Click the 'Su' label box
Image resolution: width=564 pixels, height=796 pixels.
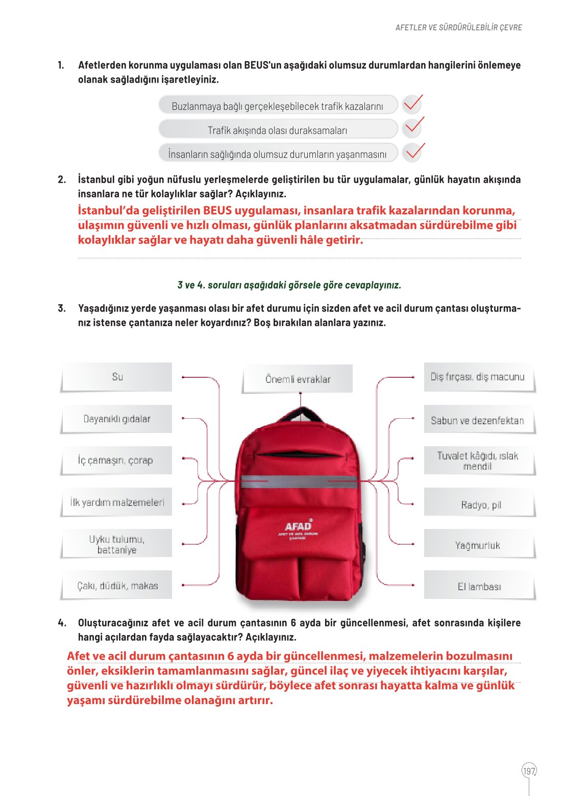pos(117,377)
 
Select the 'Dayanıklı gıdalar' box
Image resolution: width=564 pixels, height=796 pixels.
pos(117,419)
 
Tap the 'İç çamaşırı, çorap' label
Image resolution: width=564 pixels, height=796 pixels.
pos(116,461)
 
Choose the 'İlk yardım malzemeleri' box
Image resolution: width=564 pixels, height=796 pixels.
pos(117,502)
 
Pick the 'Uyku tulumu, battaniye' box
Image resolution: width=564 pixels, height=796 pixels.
pos(117,544)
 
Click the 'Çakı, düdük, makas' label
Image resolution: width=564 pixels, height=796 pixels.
pos(117,586)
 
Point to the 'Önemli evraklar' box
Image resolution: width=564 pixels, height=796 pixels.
pos(298,379)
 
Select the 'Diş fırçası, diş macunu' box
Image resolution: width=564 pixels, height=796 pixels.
pos(477,377)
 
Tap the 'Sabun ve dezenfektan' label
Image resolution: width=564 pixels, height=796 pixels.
pos(477,421)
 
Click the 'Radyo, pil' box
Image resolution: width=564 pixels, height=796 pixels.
pos(481,505)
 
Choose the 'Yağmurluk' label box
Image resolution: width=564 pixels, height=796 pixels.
pos(478,545)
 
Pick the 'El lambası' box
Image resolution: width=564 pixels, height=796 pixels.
pos(479,587)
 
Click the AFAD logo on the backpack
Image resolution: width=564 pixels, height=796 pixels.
pos(298,527)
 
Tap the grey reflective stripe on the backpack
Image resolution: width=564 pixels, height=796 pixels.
pos(299,481)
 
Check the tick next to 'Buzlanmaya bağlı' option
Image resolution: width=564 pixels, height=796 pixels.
pos(412,104)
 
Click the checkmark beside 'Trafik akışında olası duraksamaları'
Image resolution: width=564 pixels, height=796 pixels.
pos(413,127)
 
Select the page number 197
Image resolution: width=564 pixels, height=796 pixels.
pos(529,771)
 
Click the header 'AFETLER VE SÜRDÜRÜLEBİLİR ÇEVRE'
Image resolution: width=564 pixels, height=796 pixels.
pos(458,28)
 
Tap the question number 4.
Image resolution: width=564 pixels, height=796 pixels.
pos(62,623)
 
